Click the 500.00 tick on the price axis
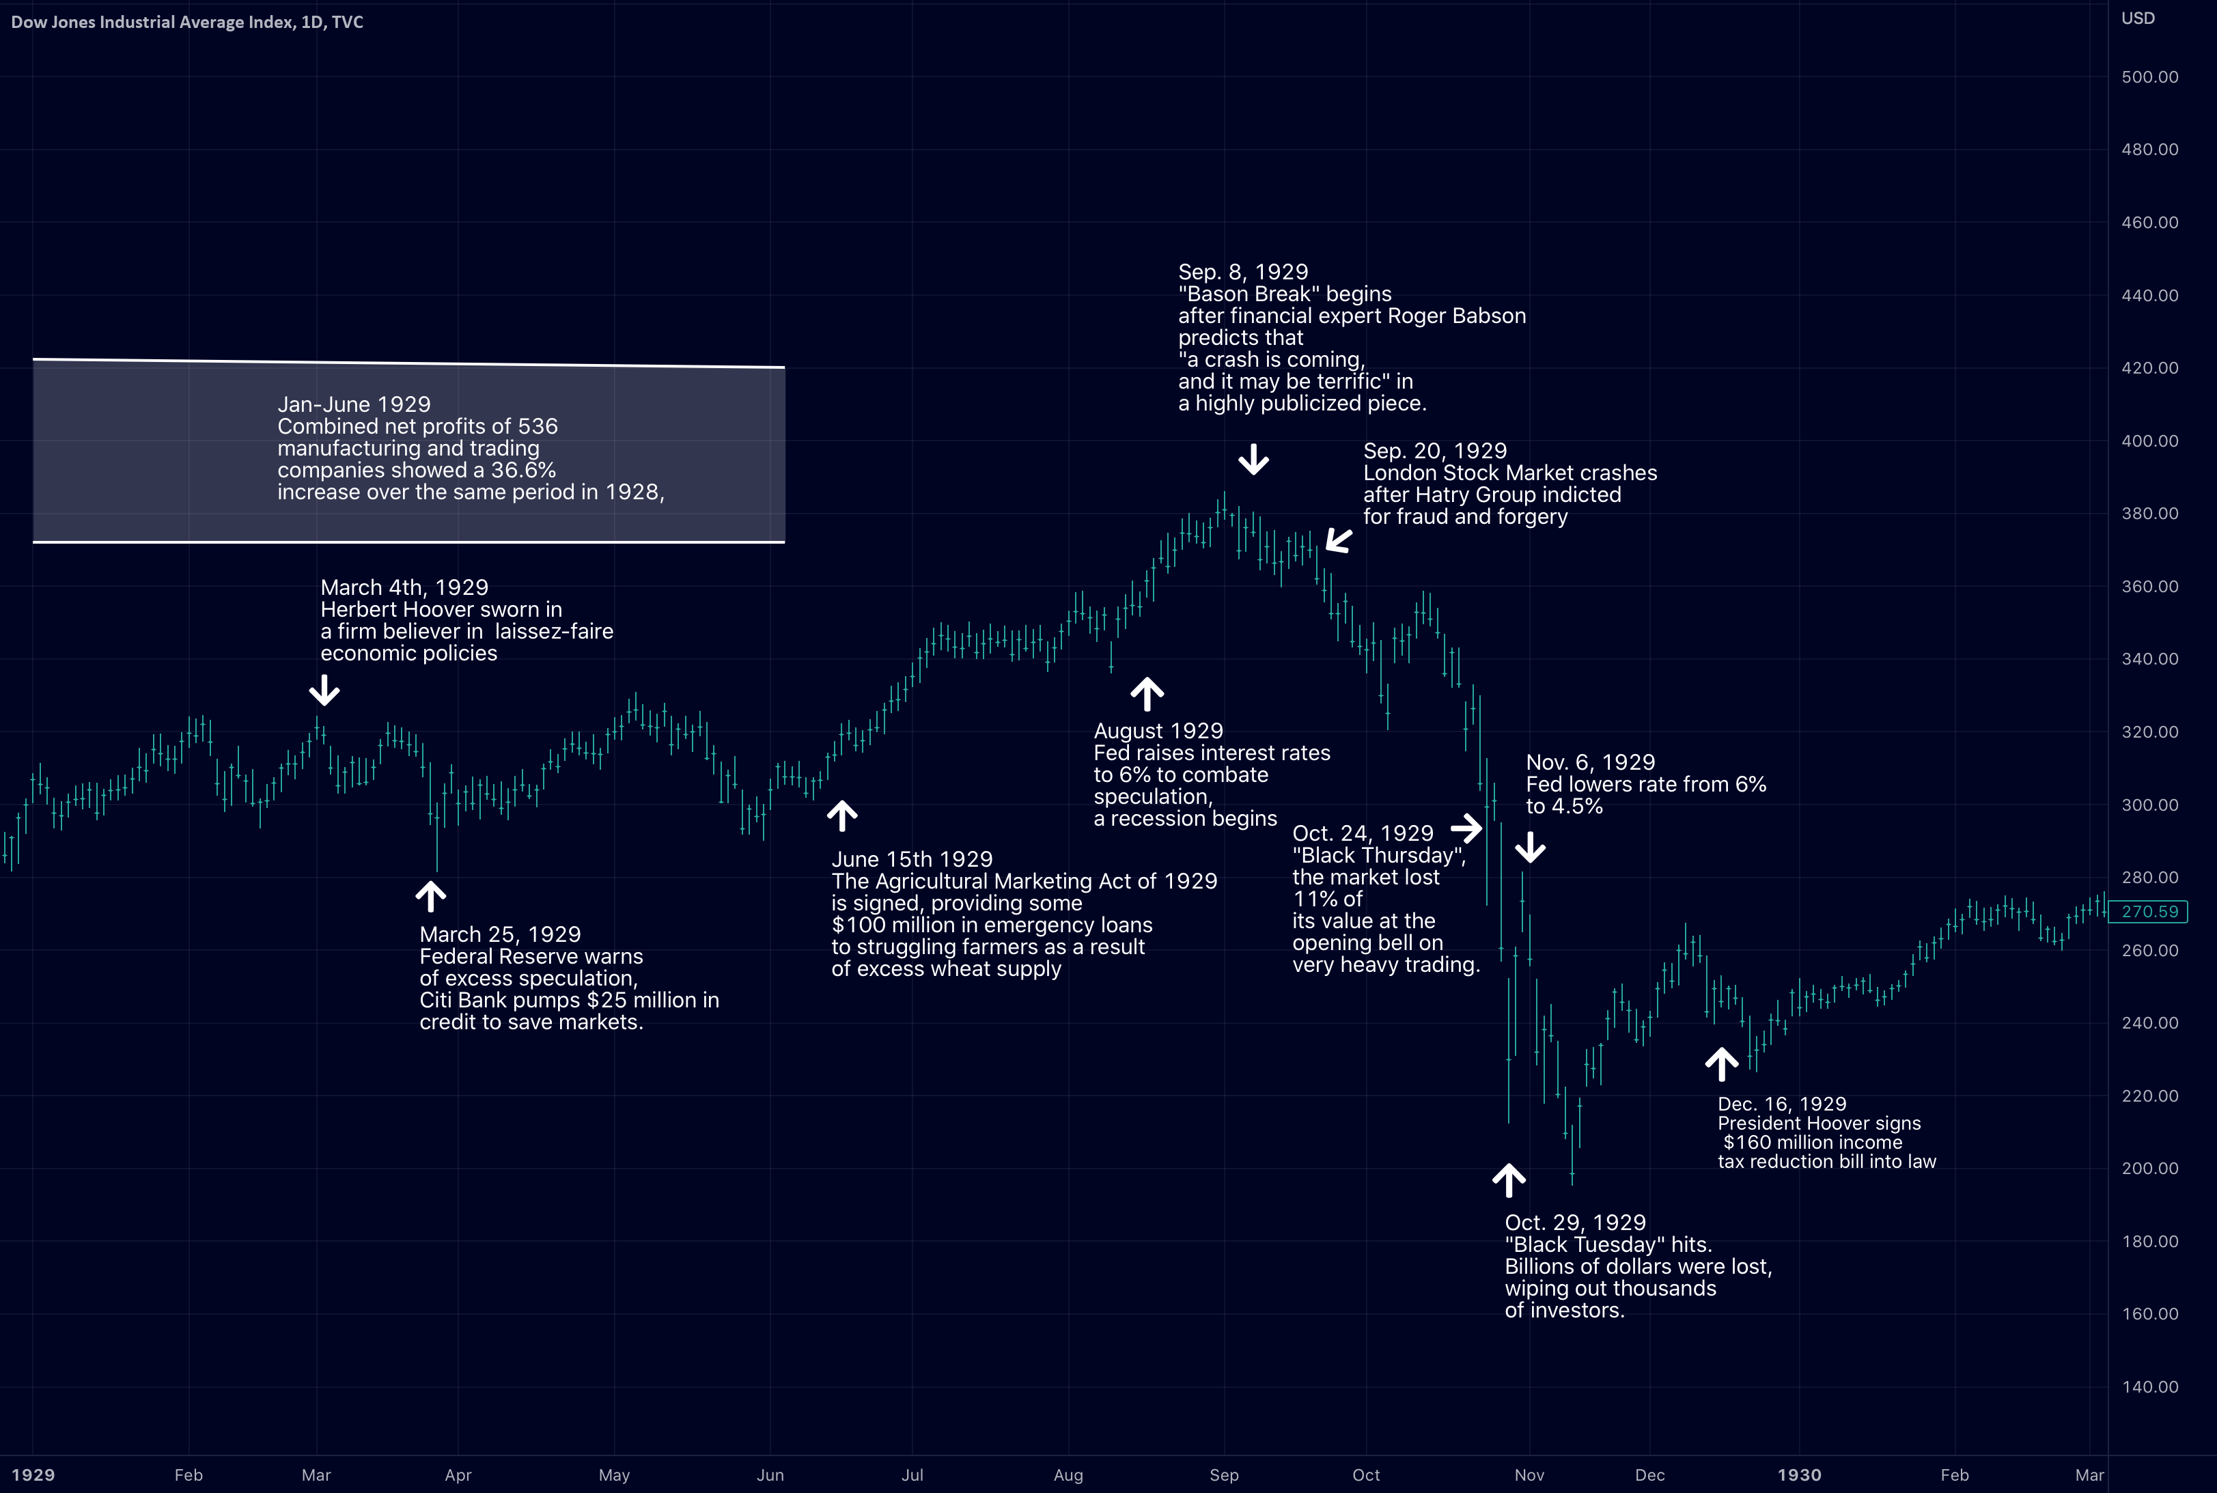point(2149,77)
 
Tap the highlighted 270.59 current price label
point(2149,911)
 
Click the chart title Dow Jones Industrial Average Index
point(152,22)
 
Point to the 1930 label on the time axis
point(1798,1475)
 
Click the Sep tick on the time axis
point(1224,1475)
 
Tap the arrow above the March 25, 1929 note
point(431,896)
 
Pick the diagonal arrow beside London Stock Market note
point(1339,541)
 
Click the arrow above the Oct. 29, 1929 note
point(1509,1180)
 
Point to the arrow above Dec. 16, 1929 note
point(1721,1063)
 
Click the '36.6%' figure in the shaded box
point(524,471)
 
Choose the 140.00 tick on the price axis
point(2149,1386)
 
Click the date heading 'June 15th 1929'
point(912,860)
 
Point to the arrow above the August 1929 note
point(1147,694)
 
